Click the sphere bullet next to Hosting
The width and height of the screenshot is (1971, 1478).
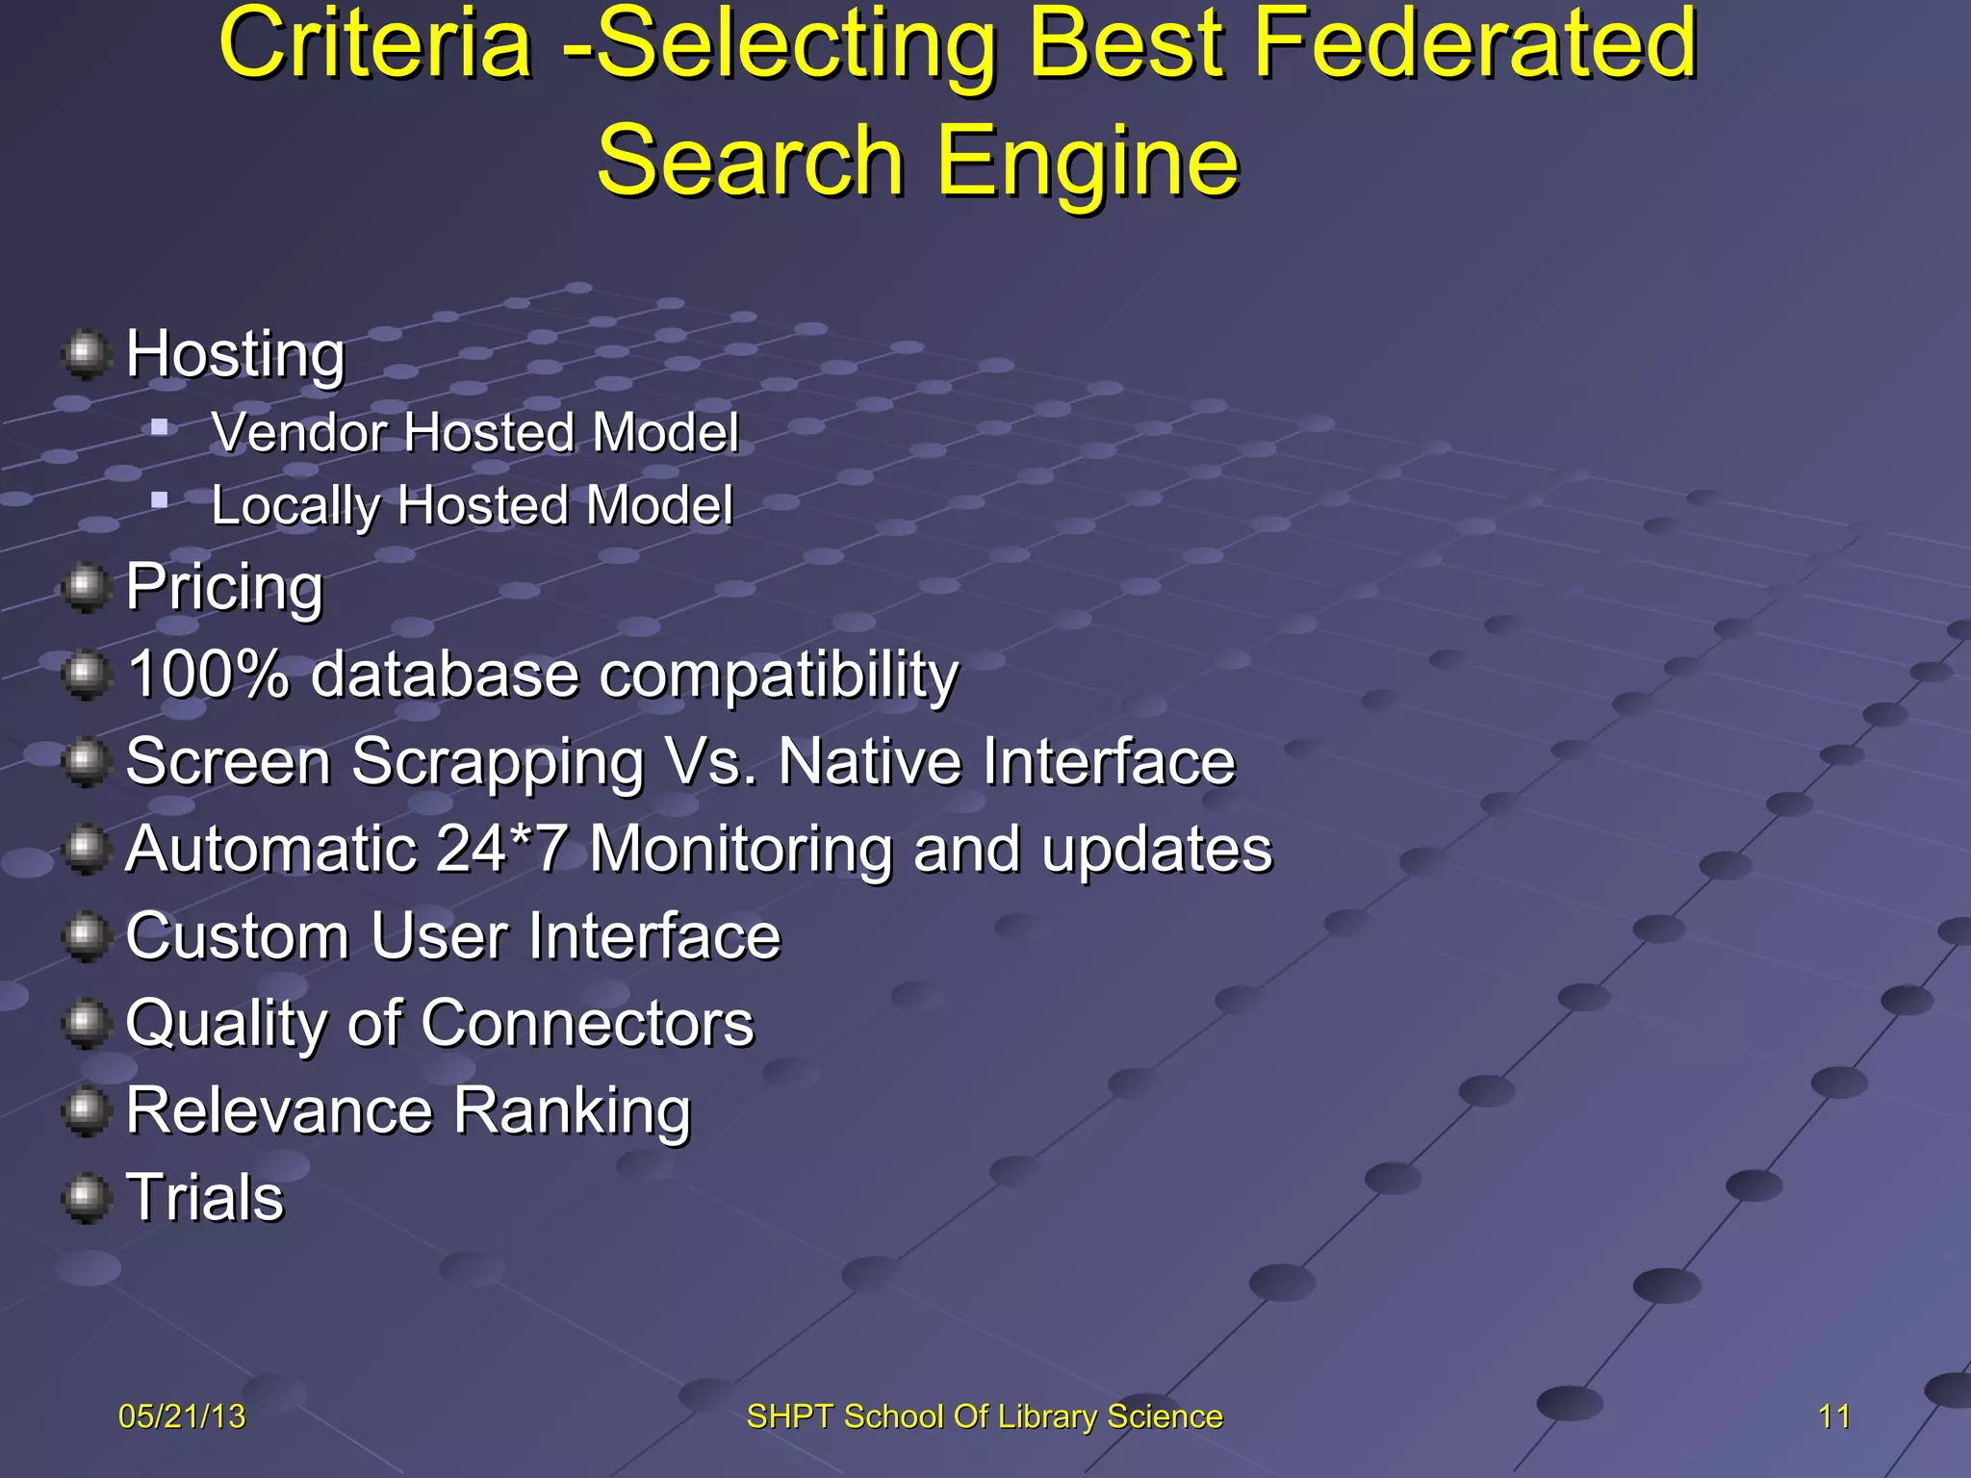click(86, 353)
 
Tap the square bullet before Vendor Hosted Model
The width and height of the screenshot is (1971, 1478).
click(160, 425)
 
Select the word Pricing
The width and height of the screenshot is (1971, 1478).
click(224, 586)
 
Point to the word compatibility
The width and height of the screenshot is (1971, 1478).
click(779, 675)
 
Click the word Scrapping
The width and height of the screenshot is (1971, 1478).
click(497, 762)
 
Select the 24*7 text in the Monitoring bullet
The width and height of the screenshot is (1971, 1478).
click(501, 849)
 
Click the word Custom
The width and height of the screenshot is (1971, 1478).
click(237, 936)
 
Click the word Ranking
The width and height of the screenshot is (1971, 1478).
click(572, 1111)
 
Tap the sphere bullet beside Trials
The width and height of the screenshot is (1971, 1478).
click(86, 1198)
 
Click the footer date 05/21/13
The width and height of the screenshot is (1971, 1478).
click(182, 1416)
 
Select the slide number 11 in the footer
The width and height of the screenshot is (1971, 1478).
click(1833, 1416)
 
